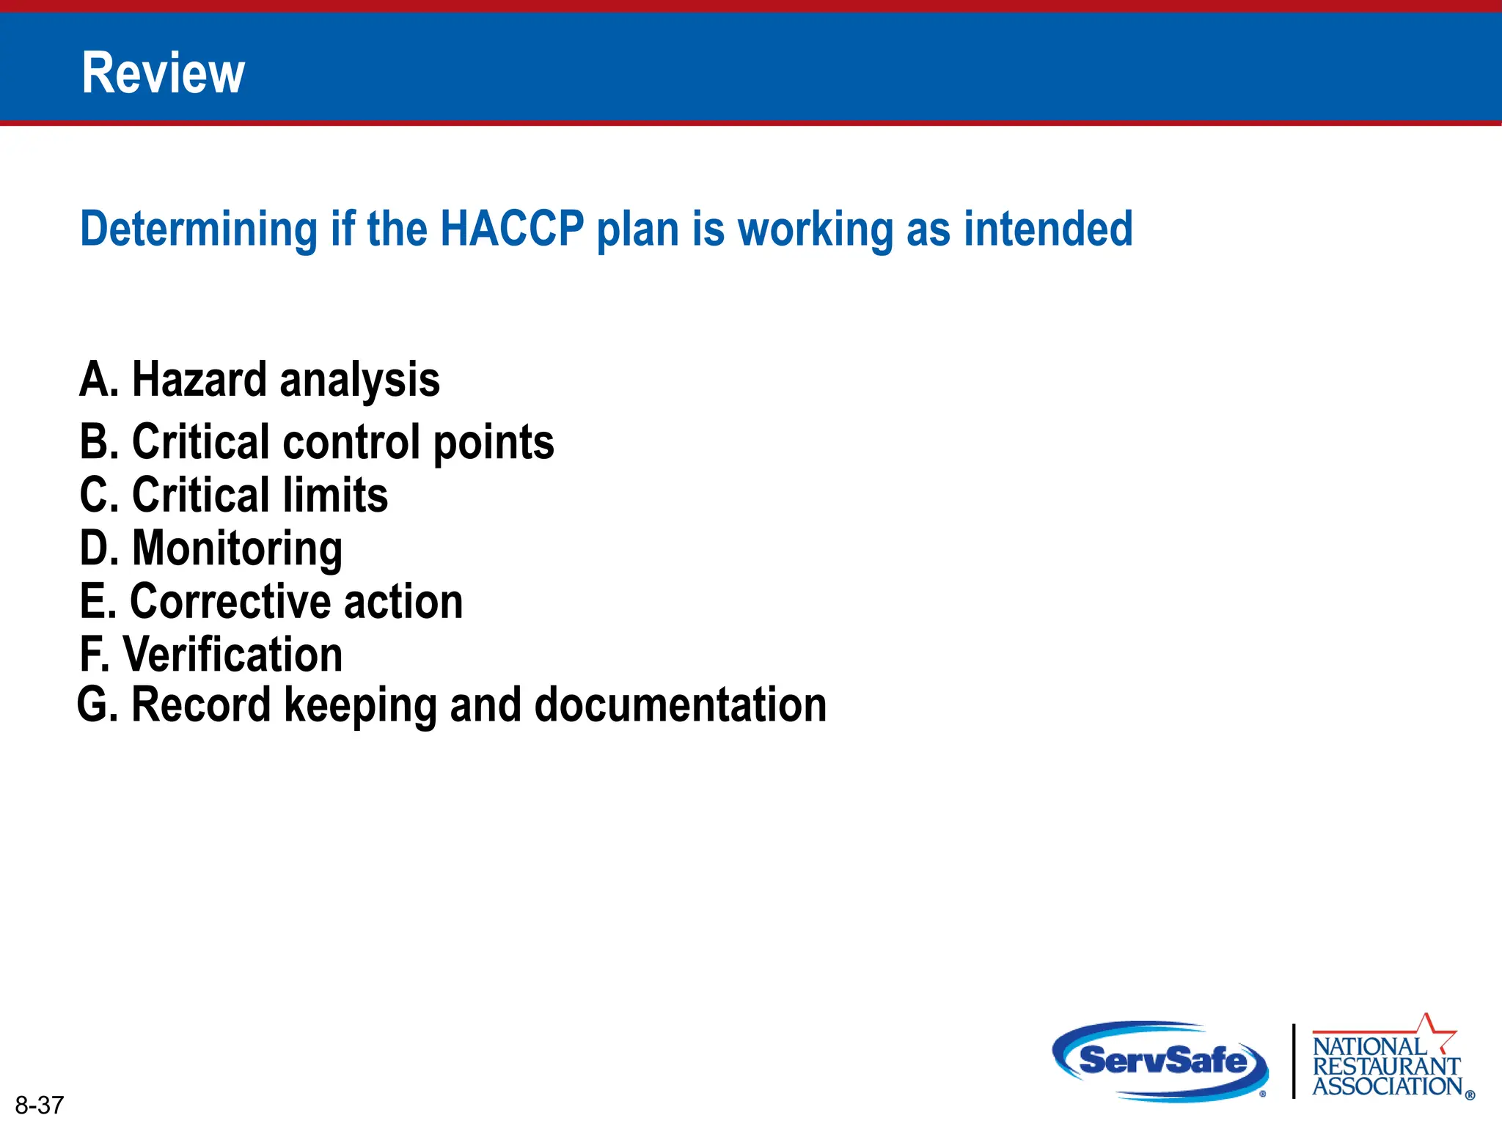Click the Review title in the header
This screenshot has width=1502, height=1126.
163,73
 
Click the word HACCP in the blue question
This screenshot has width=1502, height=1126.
512,229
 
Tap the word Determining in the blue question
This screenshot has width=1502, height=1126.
198,229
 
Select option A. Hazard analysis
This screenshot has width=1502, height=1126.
260,380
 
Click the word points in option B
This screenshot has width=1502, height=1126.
493,443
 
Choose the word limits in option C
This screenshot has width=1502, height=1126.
335,495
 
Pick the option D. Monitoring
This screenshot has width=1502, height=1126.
211,548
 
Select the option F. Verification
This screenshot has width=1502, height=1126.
211,655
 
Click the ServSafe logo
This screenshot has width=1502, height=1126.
1162,1061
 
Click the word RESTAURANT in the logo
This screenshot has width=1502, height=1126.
1386,1066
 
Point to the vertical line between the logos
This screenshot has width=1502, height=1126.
1294,1061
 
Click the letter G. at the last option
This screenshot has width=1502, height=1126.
97,705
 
